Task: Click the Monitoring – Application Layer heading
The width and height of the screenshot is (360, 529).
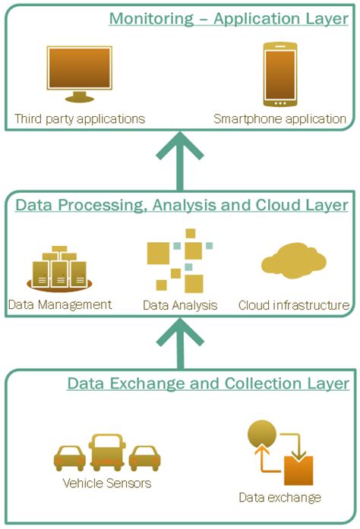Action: (x=228, y=18)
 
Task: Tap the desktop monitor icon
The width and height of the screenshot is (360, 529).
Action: (x=79, y=74)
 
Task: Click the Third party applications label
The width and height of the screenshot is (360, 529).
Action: (x=80, y=119)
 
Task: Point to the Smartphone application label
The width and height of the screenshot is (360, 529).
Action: (x=279, y=119)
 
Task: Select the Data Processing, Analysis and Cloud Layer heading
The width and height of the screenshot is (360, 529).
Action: (x=182, y=205)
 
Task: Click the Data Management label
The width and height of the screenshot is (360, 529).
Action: (x=60, y=305)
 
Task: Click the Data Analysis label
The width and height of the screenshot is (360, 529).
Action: (x=180, y=306)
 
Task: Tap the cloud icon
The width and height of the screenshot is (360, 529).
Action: (x=294, y=263)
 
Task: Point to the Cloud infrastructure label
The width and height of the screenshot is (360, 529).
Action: (x=294, y=306)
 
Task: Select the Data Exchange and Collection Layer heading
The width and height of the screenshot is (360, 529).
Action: (x=208, y=383)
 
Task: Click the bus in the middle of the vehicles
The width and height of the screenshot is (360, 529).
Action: (x=106, y=452)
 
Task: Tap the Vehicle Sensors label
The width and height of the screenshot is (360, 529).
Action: (x=106, y=483)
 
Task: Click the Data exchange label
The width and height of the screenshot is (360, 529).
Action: (x=279, y=498)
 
